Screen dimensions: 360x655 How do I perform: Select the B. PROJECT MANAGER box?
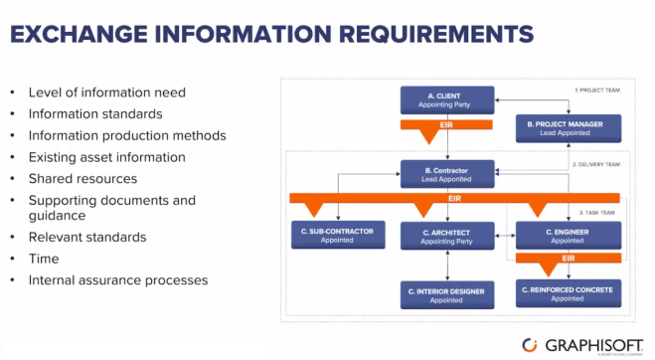pos(569,128)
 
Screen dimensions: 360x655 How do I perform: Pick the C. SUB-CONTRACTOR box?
pos(336,236)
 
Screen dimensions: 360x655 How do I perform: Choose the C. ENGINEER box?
pos(569,236)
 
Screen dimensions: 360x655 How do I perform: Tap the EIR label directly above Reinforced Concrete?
pos(569,259)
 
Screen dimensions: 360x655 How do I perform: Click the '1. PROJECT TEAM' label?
pos(599,90)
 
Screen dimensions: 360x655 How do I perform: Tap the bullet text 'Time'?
pos(44,259)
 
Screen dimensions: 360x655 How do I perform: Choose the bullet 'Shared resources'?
pos(82,179)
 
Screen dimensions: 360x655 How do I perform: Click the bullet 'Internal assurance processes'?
pos(117,280)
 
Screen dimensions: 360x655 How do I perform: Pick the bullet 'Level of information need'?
pos(106,92)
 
